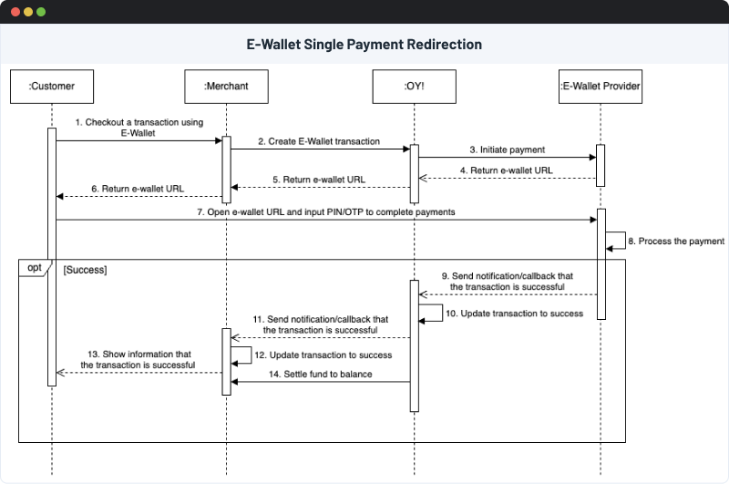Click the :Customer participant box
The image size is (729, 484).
pyautogui.click(x=51, y=88)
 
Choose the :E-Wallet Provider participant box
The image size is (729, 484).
pyautogui.click(x=601, y=88)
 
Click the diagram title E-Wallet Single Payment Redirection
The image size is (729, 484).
pyautogui.click(x=364, y=44)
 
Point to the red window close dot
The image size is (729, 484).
pyautogui.click(x=14, y=12)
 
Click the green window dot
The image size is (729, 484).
pyautogui.click(x=41, y=12)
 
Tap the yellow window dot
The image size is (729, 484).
pyautogui.click(x=27, y=12)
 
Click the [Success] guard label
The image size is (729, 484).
pyautogui.click(x=86, y=271)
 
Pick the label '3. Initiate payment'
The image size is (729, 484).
pyautogui.click(x=508, y=149)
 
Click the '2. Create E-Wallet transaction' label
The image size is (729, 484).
pyautogui.click(x=318, y=142)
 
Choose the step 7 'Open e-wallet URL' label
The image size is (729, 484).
pyautogui.click(x=325, y=211)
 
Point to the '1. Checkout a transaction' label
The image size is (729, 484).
pyautogui.click(x=139, y=127)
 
